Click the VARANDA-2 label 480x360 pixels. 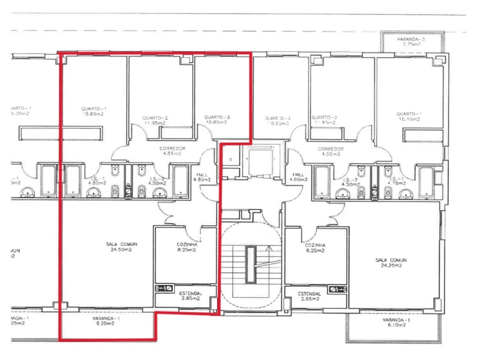coord(411,39)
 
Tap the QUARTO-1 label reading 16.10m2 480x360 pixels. coord(409,116)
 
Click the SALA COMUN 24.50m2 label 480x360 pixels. coord(121,246)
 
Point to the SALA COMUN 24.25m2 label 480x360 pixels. coord(391,263)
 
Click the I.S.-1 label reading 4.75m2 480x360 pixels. coord(395,181)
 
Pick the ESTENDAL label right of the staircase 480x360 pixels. coord(308,296)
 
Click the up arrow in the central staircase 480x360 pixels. coord(268,247)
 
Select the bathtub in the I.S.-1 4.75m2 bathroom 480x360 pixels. coord(426,182)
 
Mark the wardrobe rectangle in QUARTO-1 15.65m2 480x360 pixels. coord(60,133)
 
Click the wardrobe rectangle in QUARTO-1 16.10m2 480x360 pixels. coord(423,135)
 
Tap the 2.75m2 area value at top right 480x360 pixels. coord(411,44)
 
